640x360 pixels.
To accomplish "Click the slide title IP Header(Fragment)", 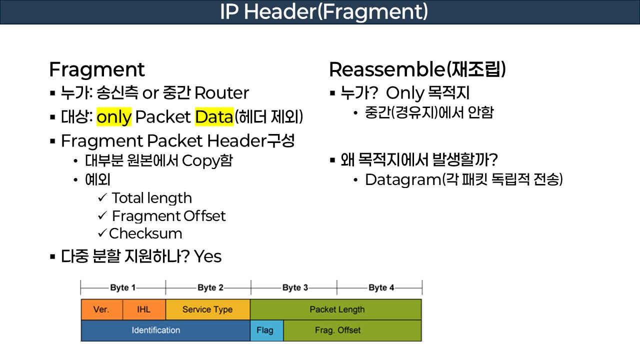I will (323, 12).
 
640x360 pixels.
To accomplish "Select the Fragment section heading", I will (96, 70).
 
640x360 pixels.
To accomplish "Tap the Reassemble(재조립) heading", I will (417, 70).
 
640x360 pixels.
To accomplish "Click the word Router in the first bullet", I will (221, 93).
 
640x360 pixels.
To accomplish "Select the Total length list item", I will (151, 198).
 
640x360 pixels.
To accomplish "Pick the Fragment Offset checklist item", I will (168, 216).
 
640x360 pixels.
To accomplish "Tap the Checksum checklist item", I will (145, 233).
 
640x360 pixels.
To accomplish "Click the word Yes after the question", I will (207, 256).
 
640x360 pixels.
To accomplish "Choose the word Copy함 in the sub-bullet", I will (207, 161).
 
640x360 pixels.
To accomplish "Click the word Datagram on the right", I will (402, 179).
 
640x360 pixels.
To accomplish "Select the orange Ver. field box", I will (101, 309).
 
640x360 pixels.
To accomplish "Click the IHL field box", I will (143, 309).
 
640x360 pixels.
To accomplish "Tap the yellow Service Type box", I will (207, 309).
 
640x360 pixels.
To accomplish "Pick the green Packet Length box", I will (336, 309).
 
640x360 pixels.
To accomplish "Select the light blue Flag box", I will (266, 330).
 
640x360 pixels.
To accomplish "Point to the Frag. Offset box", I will (352, 330).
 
